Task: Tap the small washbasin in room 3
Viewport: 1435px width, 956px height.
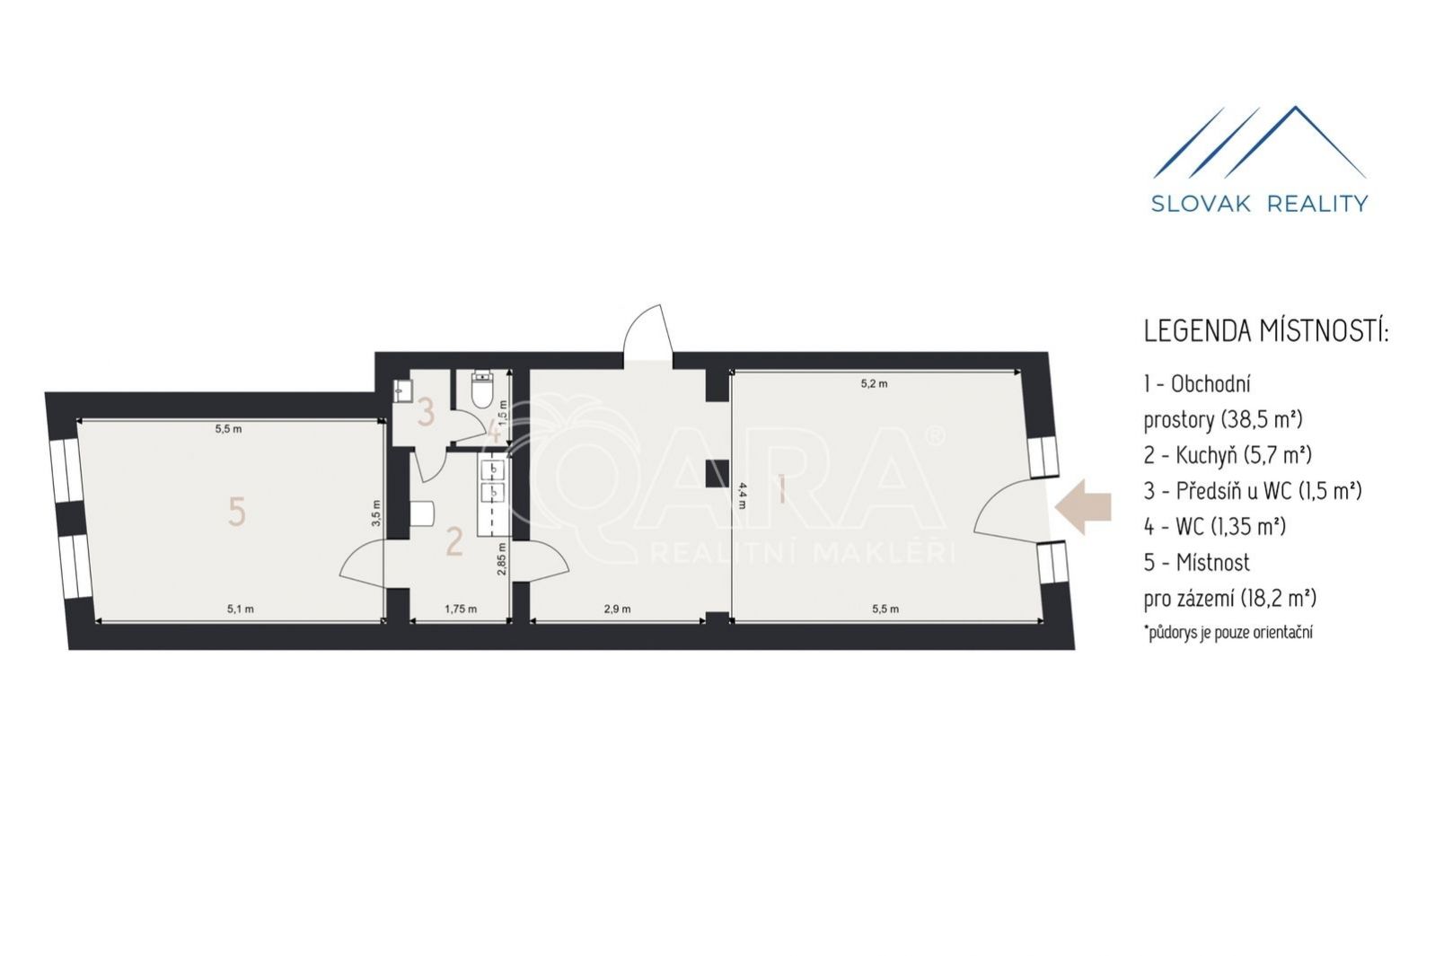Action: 403,390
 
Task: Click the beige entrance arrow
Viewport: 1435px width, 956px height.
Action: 1083,506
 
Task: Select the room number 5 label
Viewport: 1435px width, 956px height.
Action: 237,513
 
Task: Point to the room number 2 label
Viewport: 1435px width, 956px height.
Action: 454,541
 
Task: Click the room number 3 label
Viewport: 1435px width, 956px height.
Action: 426,412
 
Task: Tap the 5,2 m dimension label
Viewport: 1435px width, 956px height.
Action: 875,384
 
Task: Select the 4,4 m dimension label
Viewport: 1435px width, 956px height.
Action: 742,495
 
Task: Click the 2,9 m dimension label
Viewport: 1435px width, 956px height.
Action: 617,609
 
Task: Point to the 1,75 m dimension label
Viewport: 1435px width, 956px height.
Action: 461,609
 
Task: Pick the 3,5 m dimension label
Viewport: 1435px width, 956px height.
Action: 376,513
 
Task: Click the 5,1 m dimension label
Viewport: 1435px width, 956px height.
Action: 241,609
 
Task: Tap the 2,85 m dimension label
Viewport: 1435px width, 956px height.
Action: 502,559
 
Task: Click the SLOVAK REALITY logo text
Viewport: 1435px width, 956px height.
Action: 1260,204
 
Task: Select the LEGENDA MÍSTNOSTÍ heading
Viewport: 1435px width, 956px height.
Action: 1266,332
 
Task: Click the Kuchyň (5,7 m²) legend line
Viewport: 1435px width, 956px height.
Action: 1228,454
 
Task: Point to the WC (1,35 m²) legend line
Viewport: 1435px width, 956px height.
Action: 1215,526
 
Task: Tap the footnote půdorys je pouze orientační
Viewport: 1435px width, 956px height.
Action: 1228,633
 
